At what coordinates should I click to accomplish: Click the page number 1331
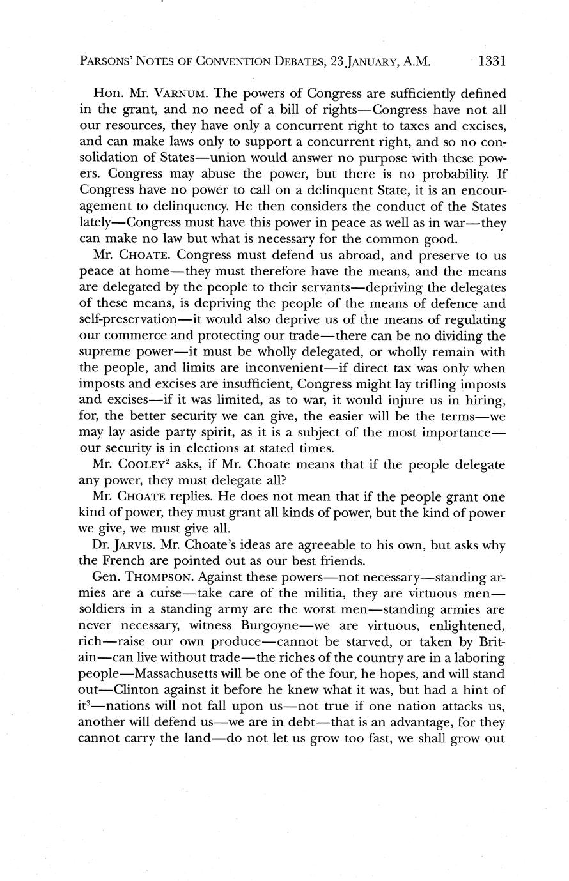tap(492, 62)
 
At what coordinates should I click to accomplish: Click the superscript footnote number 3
tap(93, 703)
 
